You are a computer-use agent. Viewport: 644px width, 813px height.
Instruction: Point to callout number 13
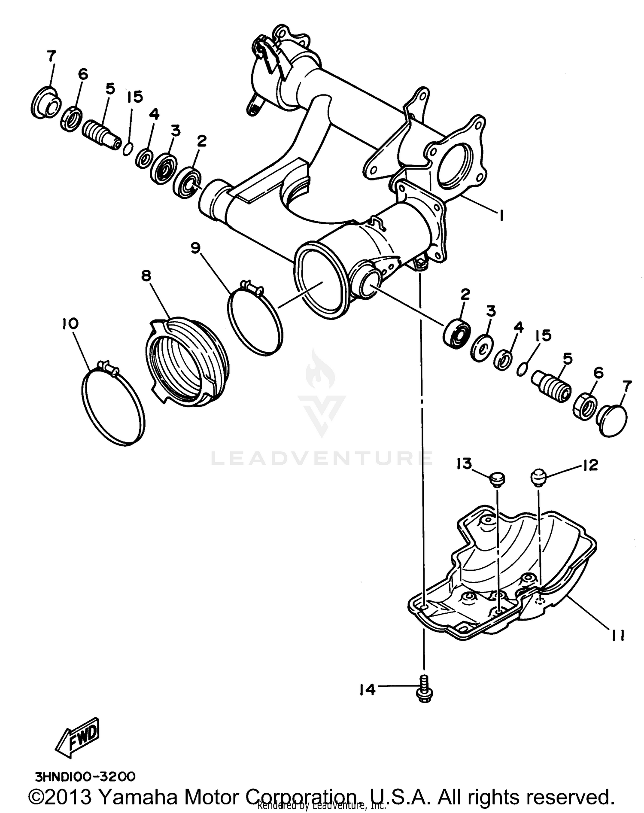(464, 464)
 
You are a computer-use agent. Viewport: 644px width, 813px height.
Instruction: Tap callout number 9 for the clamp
(196, 248)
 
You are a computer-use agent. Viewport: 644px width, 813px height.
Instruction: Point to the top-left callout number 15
(134, 97)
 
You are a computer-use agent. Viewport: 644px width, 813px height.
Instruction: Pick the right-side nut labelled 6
(584, 405)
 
